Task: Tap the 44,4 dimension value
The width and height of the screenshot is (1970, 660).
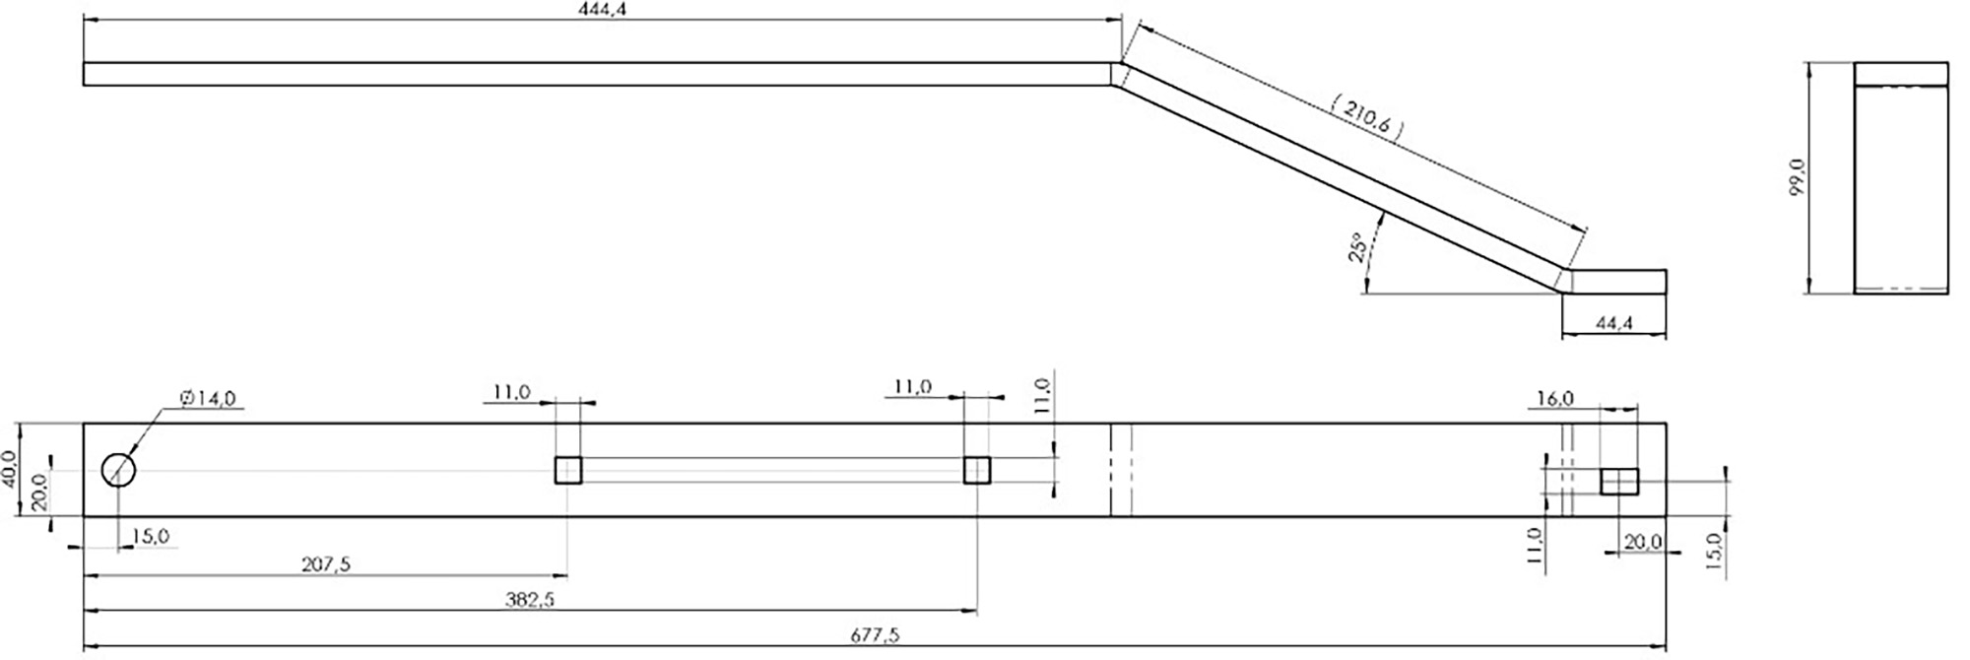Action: (1613, 323)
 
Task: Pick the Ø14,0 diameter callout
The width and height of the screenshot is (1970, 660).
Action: (208, 398)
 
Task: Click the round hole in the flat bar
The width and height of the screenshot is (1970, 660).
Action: (118, 470)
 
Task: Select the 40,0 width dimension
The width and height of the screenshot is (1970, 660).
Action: (9, 469)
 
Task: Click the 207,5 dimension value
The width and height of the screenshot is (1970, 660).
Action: (326, 564)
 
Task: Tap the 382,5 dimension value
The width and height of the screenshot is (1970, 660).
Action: (529, 599)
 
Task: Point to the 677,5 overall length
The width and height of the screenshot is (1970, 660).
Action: (874, 635)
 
